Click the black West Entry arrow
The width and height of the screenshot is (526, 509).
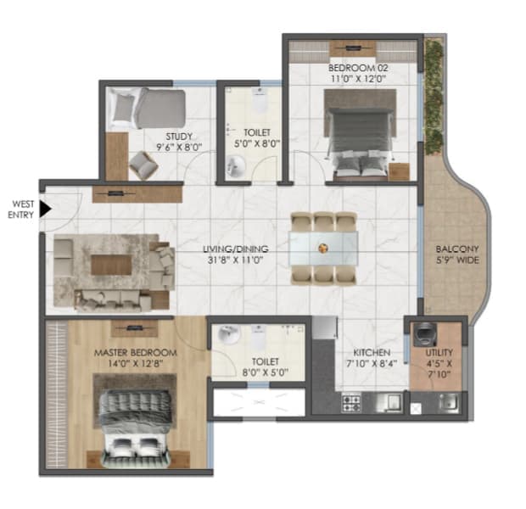(46, 206)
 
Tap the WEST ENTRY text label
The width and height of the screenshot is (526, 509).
(20, 208)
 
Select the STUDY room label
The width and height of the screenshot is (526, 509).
(180, 136)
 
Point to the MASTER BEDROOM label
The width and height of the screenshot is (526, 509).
(135, 352)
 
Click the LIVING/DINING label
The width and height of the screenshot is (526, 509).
(235, 249)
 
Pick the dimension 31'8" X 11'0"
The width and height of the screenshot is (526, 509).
(235, 260)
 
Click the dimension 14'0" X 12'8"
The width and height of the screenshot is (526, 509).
(135, 364)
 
